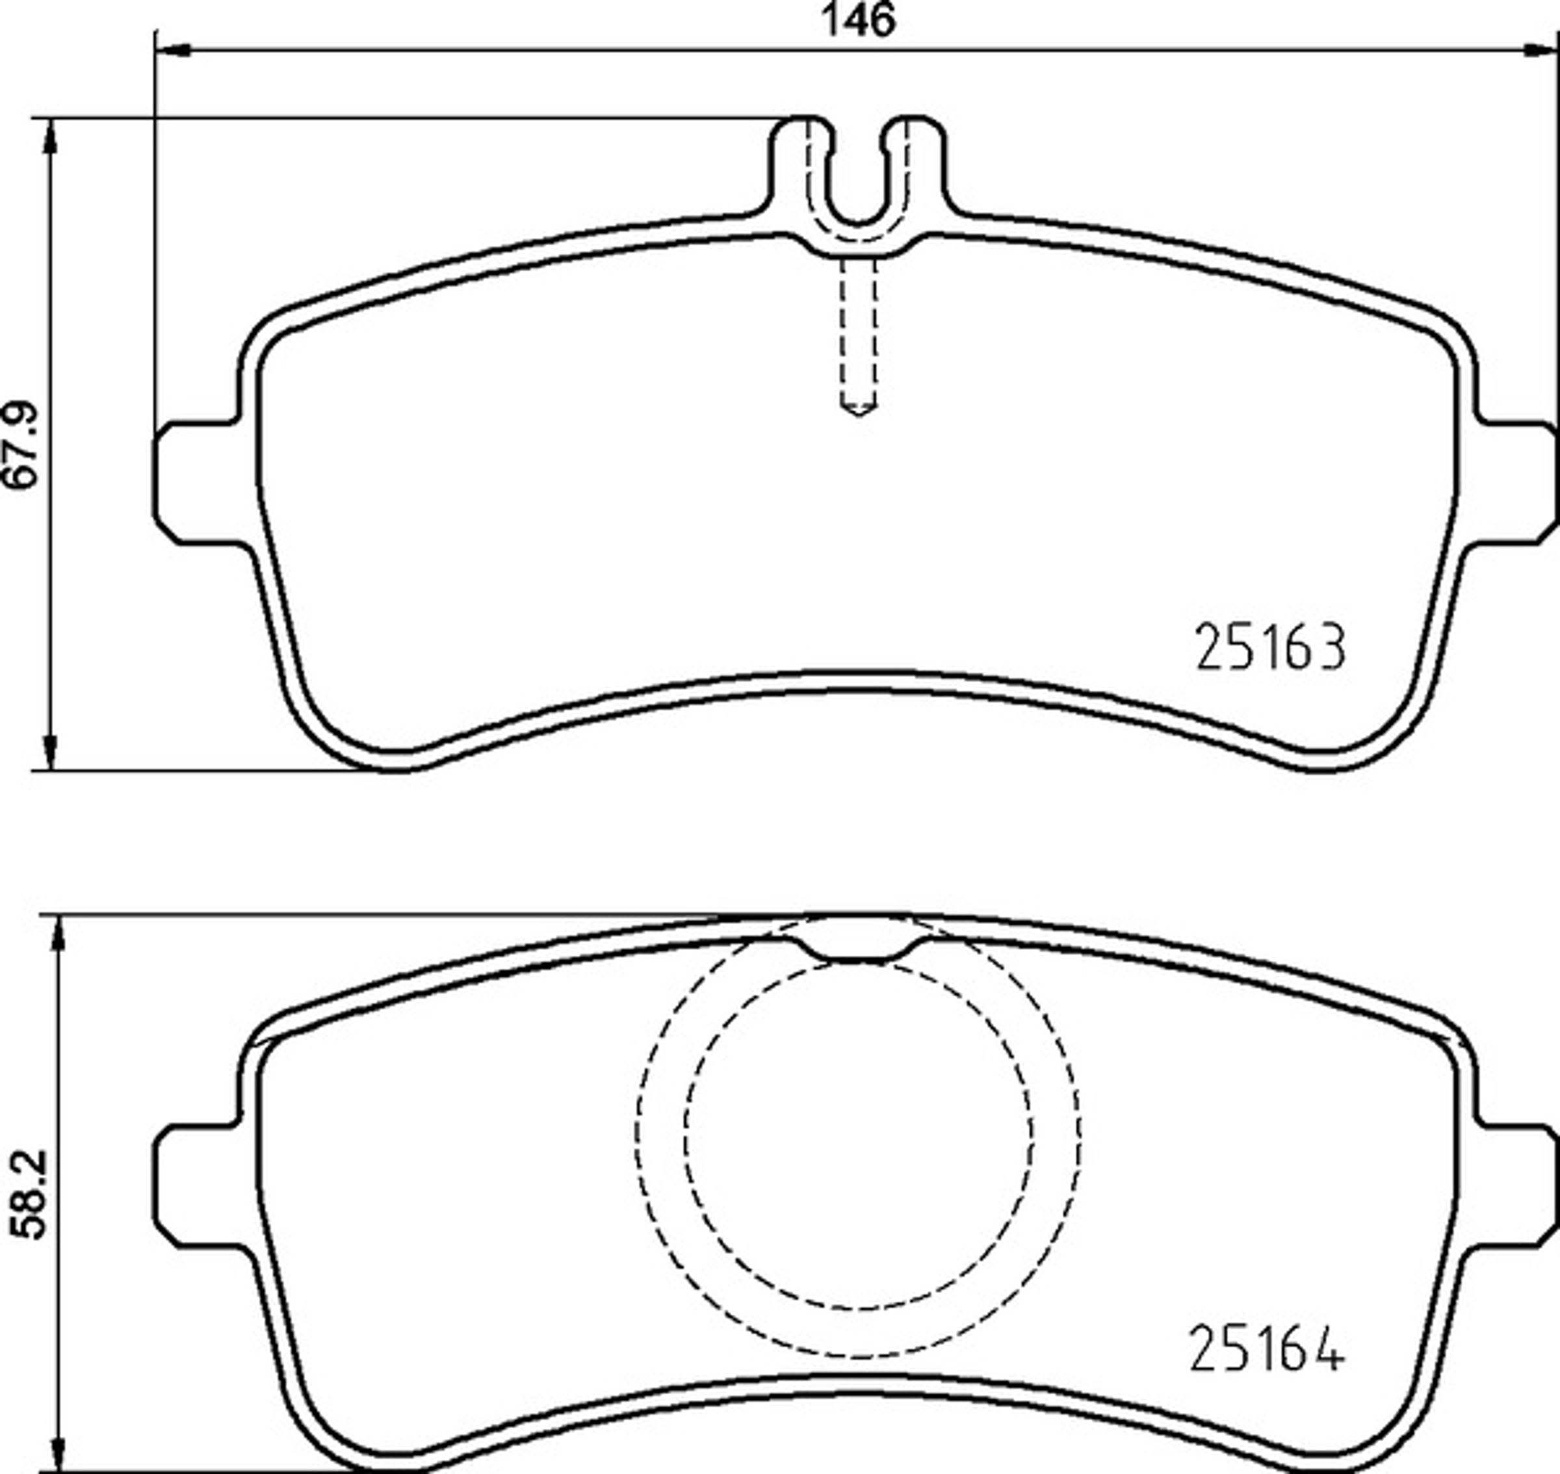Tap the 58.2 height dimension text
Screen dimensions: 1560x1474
pos(31,1195)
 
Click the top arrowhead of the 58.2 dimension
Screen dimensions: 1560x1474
pos(57,933)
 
